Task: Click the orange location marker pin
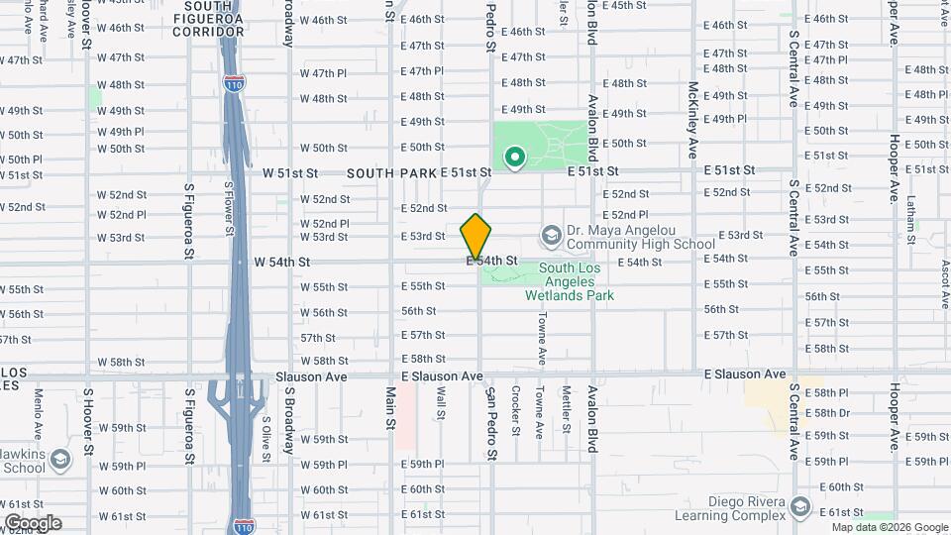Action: coord(476,237)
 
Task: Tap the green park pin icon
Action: coord(515,158)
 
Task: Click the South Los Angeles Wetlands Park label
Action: coord(577,281)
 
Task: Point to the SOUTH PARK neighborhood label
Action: coord(391,172)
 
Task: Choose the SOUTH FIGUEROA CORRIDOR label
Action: coord(208,19)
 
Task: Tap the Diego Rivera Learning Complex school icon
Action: coord(799,508)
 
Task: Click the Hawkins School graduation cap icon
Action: coord(60,461)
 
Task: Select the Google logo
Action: coord(32,523)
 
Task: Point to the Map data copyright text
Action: coord(889,528)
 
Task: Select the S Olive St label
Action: coord(266,433)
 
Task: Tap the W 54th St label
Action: coord(282,262)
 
